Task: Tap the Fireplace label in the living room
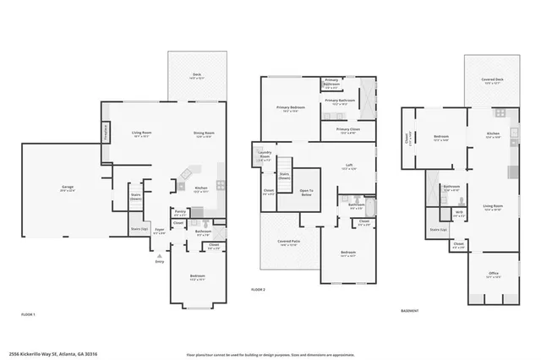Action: pos(107,132)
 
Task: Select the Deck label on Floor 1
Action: pos(196,75)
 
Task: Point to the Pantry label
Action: pos(180,212)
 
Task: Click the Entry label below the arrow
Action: pos(160,261)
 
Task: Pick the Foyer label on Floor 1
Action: pos(160,229)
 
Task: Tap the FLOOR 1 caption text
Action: pos(29,314)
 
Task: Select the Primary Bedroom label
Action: pos(291,108)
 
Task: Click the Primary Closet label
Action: pos(338,130)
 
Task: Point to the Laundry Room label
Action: pos(265,156)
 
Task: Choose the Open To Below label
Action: pos(306,192)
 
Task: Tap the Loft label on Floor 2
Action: pos(348,166)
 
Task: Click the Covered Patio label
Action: pos(288,242)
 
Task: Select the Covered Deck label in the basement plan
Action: pos(493,80)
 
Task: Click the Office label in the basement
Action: pos(493,274)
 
